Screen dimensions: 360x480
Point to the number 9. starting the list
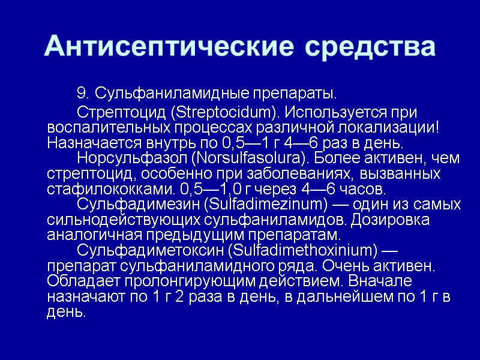coord(83,94)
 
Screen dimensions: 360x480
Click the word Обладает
coord(77,281)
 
